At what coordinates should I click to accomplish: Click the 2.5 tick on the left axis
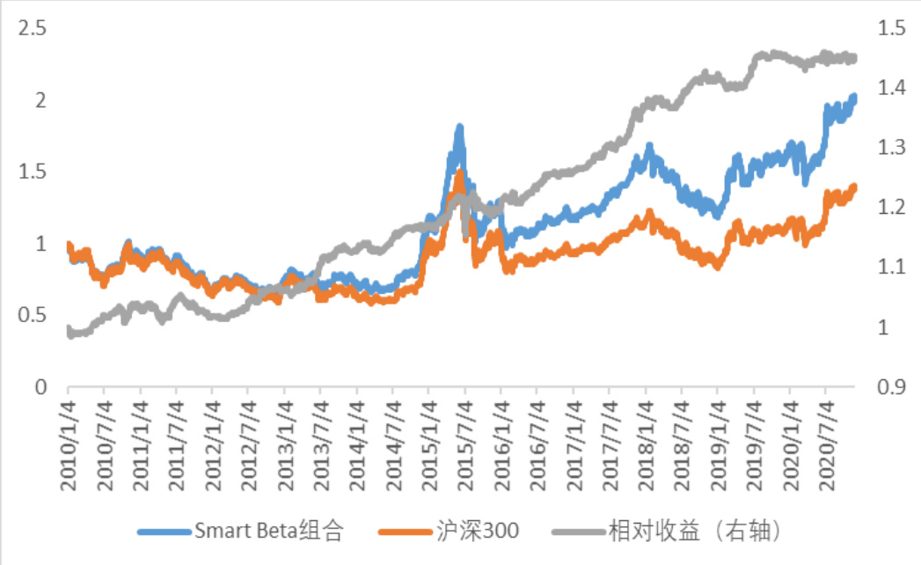pyautogui.click(x=33, y=28)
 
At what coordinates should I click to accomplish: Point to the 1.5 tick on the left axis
pyautogui.click(x=33, y=172)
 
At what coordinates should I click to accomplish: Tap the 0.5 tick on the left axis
pyautogui.click(x=33, y=315)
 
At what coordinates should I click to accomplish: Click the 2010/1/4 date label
pyautogui.click(x=68, y=444)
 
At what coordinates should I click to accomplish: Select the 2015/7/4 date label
pyautogui.click(x=464, y=444)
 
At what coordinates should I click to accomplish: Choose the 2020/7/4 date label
pyautogui.click(x=825, y=444)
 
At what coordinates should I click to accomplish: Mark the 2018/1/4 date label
pyautogui.click(x=645, y=444)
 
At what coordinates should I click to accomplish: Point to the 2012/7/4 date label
pyautogui.click(x=248, y=444)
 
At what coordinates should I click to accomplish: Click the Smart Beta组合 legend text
pyautogui.click(x=268, y=531)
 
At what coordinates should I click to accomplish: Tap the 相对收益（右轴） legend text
pyautogui.click(x=695, y=531)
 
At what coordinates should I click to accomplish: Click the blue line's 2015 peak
pyautogui.click(x=459, y=128)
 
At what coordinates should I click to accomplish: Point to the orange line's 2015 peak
pyautogui.click(x=459, y=172)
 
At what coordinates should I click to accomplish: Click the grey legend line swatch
pyautogui.click(x=578, y=532)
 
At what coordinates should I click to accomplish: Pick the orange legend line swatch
pyautogui.click(x=405, y=532)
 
